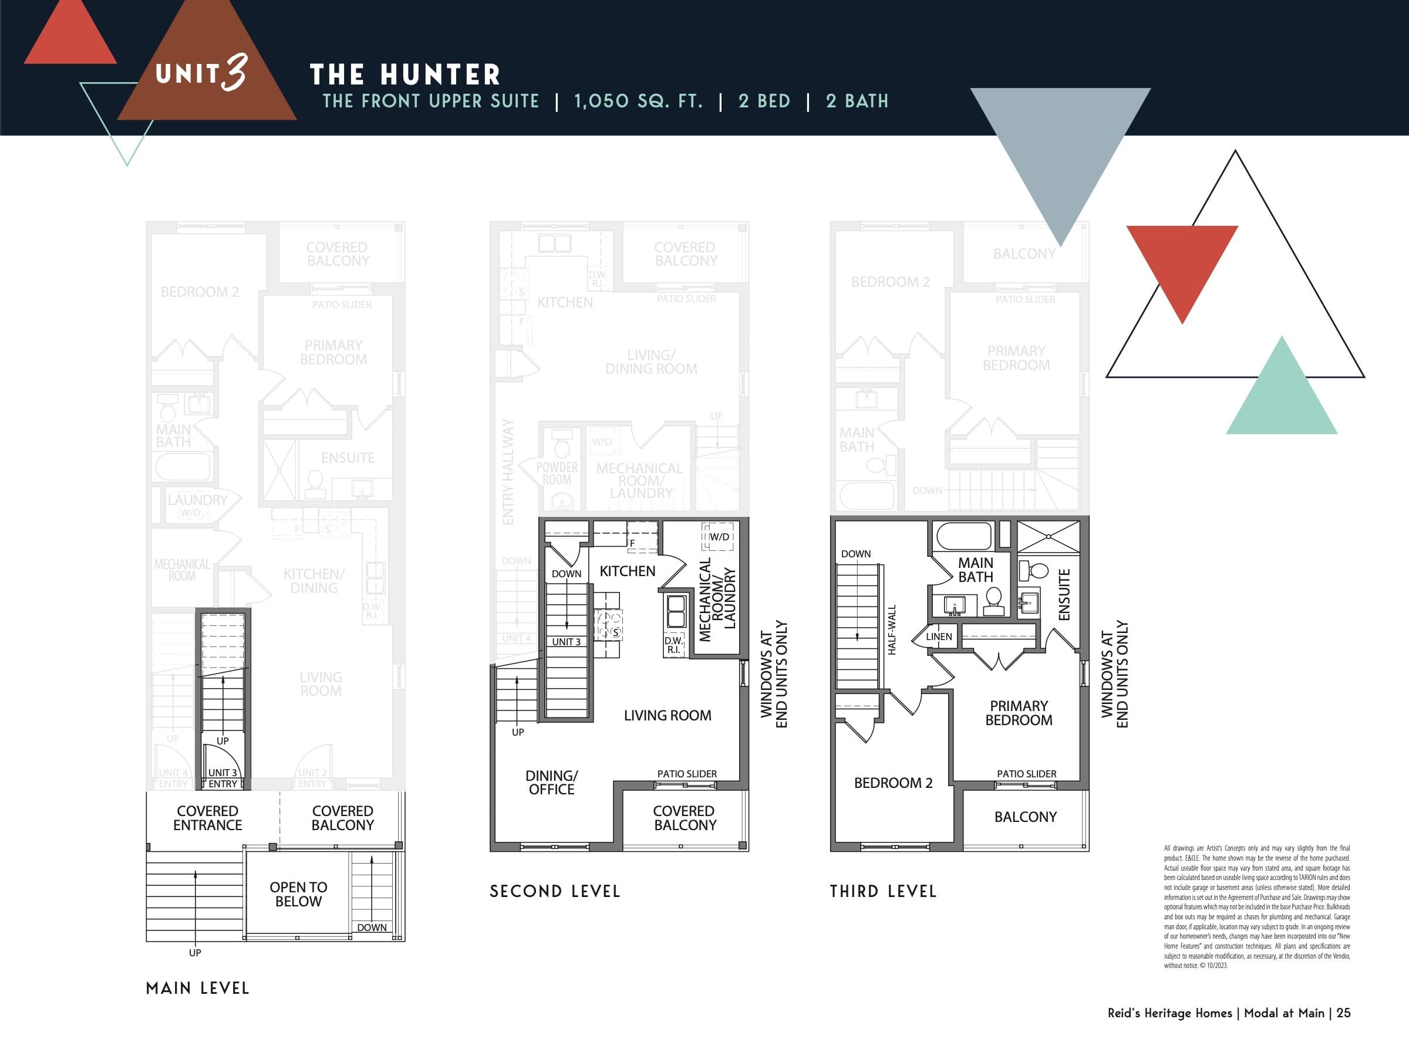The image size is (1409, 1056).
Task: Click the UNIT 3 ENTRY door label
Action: point(223,778)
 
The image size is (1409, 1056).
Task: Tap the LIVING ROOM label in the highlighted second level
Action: point(667,716)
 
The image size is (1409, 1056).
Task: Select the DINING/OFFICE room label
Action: point(551,782)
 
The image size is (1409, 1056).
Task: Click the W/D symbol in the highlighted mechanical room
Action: point(719,537)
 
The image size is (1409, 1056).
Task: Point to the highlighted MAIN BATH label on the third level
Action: point(975,570)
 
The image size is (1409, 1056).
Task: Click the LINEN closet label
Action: point(939,637)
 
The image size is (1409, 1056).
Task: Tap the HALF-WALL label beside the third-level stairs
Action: point(892,629)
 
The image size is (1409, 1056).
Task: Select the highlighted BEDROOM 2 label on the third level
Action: point(893,783)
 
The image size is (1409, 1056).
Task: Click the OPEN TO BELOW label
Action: point(298,893)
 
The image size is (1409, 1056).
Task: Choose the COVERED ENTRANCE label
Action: point(208,818)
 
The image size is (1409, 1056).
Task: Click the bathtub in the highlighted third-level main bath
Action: point(965,536)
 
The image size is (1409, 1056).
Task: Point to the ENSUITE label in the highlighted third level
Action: point(1064,594)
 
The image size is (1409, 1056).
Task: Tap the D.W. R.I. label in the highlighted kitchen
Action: point(673,645)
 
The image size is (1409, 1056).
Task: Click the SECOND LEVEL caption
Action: point(555,891)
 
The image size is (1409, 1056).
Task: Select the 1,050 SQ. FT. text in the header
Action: point(638,101)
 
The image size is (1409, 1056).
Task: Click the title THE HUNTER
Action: point(405,75)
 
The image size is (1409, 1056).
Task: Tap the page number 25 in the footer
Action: point(1343,1013)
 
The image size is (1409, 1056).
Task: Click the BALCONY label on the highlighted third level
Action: point(1025,817)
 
